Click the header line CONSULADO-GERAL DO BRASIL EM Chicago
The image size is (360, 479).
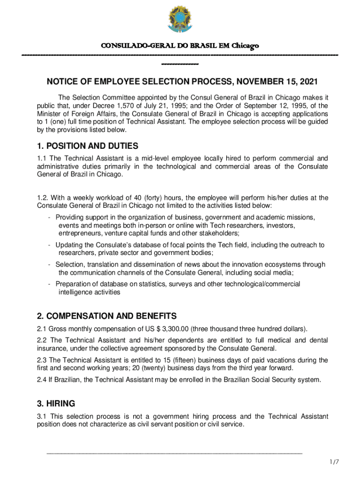180,46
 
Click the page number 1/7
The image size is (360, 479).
334,462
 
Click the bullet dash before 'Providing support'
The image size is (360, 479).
50,218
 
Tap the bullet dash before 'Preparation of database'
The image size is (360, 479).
50,284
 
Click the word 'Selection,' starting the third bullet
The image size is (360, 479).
70,264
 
